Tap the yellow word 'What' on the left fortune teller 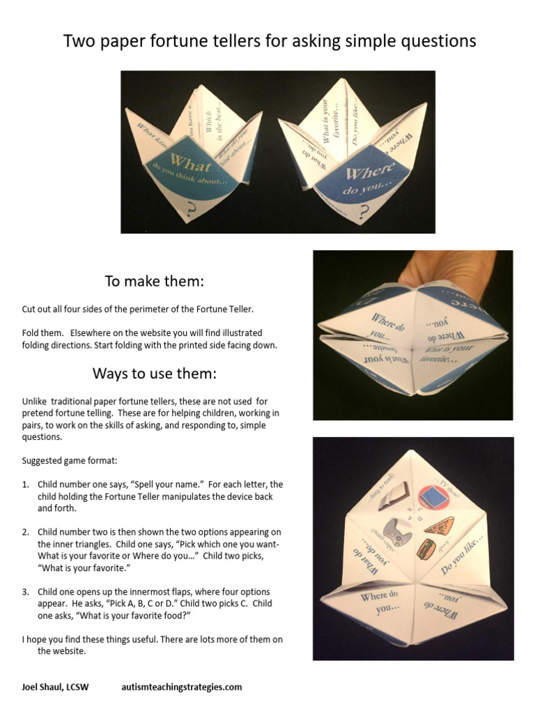(x=190, y=165)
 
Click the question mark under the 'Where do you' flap (x=364, y=213)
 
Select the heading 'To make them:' (x=155, y=281)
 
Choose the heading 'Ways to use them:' (x=155, y=374)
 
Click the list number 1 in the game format (x=25, y=485)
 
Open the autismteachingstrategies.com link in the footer (x=182, y=687)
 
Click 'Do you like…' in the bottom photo (x=461, y=556)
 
